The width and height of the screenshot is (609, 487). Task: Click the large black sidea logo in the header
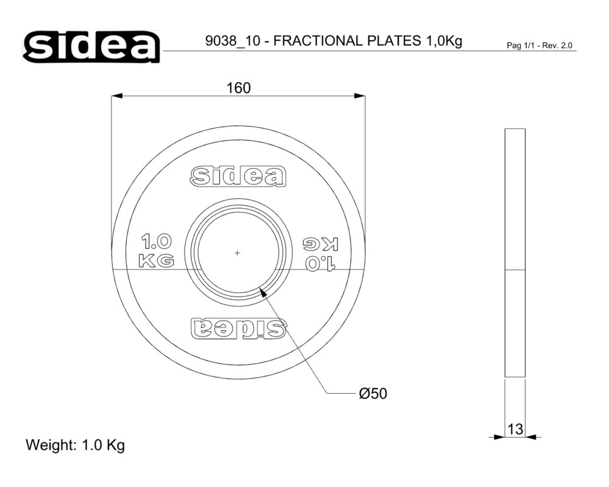tap(92, 47)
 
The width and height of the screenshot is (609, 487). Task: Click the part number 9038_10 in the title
tap(233, 40)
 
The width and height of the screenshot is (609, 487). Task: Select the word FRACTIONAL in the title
tap(318, 40)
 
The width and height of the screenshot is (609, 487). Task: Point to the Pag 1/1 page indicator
tap(520, 46)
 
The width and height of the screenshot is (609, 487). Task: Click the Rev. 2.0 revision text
tap(557, 46)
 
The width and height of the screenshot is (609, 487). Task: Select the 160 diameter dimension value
tap(239, 88)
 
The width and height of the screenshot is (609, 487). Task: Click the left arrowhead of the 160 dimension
tap(116, 96)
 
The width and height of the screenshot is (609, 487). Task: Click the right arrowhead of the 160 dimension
tap(360, 96)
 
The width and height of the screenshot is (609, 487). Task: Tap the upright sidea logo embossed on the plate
tap(238, 177)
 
